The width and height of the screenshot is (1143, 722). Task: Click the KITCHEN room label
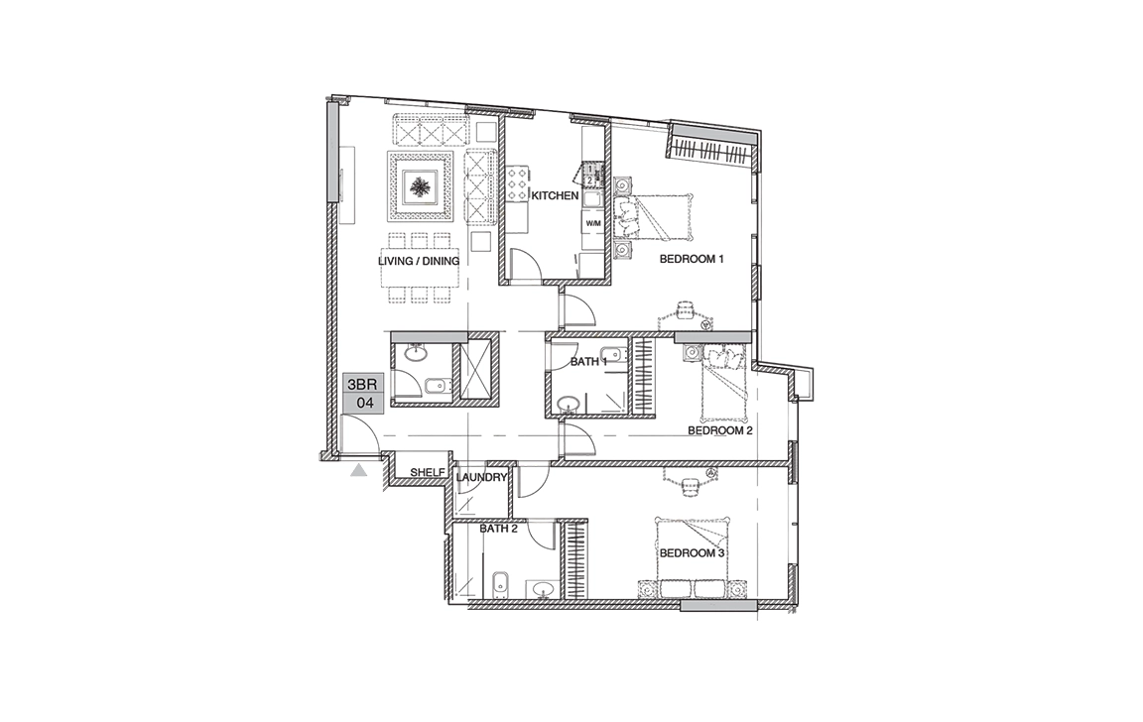coord(555,196)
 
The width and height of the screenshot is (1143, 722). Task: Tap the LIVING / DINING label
coord(419,261)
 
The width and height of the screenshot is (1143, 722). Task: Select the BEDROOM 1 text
coord(691,259)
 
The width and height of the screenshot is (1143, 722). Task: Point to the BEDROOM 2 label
coord(720,430)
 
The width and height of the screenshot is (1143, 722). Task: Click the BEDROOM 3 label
coord(692,553)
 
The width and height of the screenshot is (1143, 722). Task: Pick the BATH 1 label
coord(589,362)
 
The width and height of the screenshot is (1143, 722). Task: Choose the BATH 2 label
coord(499,529)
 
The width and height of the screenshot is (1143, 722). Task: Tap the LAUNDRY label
coord(481,478)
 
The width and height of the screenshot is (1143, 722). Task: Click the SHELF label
coord(428,473)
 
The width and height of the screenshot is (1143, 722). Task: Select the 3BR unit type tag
coord(362,384)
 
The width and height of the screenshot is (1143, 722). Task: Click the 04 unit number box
coord(362,403)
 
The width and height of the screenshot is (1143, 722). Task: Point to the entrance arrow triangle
coord(358,471)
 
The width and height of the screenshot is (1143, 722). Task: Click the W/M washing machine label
coord(593,224)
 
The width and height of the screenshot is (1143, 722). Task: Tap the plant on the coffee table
coord(419,188)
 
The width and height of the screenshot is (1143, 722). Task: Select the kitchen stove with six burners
coord(518,185)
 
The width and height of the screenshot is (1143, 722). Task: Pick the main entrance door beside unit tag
coord(361,432)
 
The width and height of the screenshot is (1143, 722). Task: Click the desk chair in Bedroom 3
coord(690,485)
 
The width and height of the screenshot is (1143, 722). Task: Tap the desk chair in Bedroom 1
coord(685,310)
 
